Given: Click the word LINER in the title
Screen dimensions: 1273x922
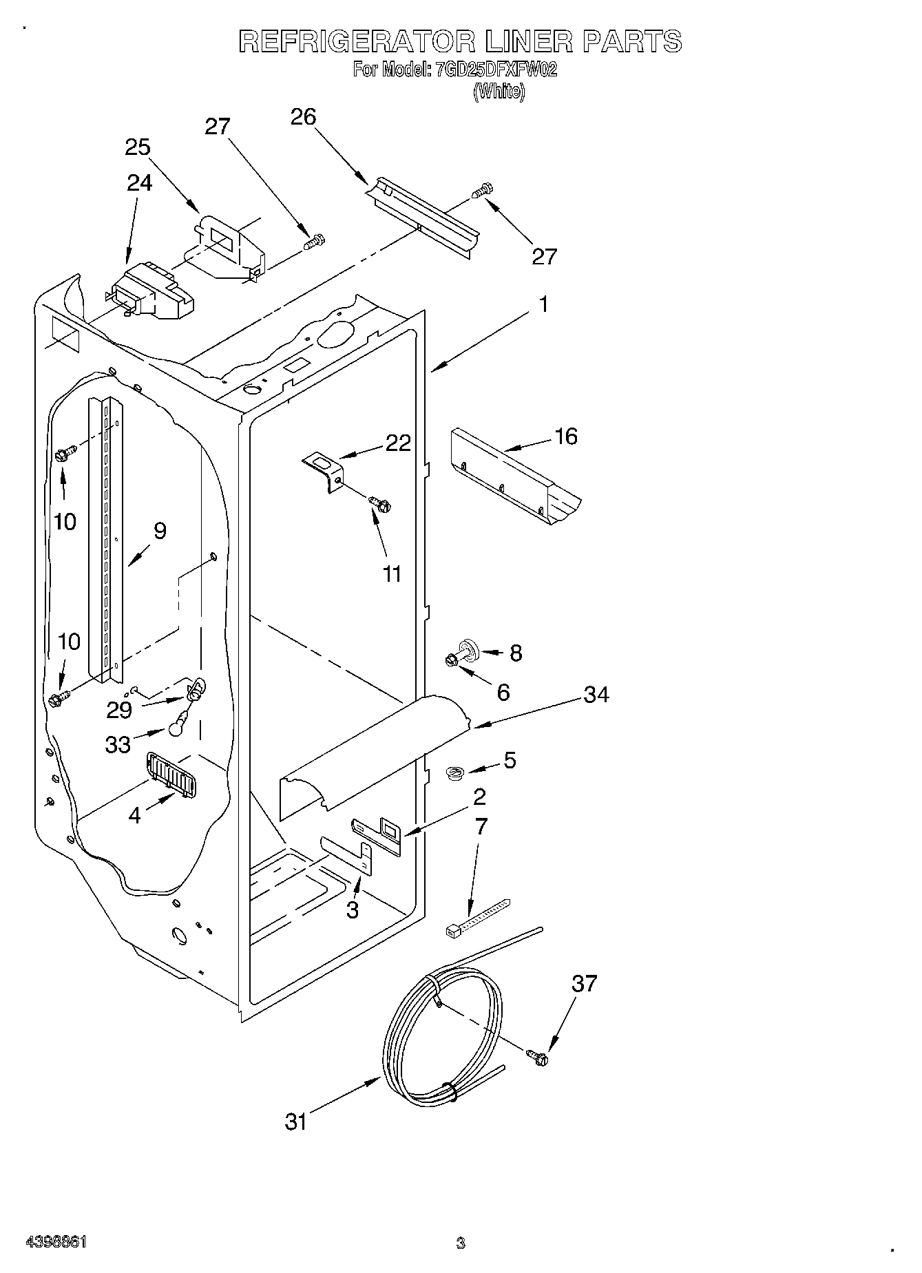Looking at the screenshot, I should [x=528, y=42].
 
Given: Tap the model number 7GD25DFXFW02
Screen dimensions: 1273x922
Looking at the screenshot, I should [x=494, y=70].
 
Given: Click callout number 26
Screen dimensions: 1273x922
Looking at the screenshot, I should [x=303, y=117].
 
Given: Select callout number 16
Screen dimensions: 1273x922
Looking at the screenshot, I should [x=566, y=436].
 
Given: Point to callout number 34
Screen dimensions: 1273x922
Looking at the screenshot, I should [x=596, y=695].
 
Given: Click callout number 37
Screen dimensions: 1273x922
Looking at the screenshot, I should [x=584, y=984].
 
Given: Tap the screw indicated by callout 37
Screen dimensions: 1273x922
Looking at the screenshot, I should [x=537, y=1058].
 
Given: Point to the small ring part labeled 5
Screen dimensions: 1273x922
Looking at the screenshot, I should [x=453, y=773].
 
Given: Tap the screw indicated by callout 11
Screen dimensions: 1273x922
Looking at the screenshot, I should [x=379, y=504].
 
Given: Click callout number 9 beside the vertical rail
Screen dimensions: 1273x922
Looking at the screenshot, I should [x=160, y=531].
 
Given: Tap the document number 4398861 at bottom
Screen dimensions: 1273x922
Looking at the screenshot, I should [x=56, y=1243].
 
